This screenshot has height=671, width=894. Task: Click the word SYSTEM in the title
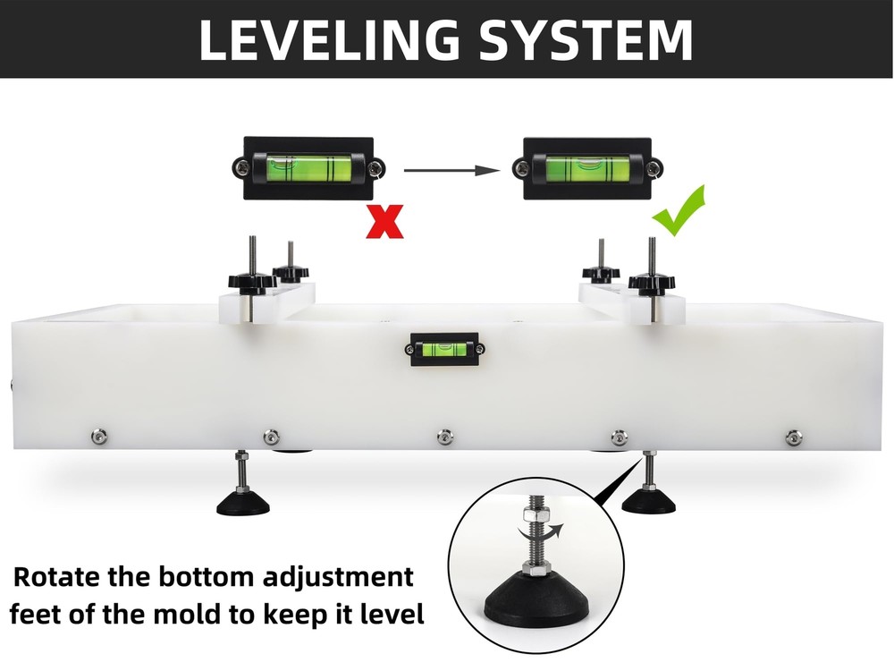(x=586, y=40)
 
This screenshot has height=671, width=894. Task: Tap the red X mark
(x=384, y=221)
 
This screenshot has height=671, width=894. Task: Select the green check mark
(x=679, y=210)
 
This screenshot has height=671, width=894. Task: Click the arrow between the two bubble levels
(x=451, y=170)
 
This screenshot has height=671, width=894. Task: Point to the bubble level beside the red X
(x=308, y=168)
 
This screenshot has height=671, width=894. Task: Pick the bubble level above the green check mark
(x=587, y=168)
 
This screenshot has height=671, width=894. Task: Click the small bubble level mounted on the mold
(x=444, y=349)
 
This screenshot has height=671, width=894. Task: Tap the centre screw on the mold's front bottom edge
(x=444, y=437)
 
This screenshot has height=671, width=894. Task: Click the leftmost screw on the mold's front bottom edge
(x=99, y=437)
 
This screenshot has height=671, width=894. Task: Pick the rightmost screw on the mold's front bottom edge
(x=793, y=438)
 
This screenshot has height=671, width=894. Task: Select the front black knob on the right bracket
(x=652, y=284)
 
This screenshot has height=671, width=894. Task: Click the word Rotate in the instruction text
(x=56, y=577)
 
